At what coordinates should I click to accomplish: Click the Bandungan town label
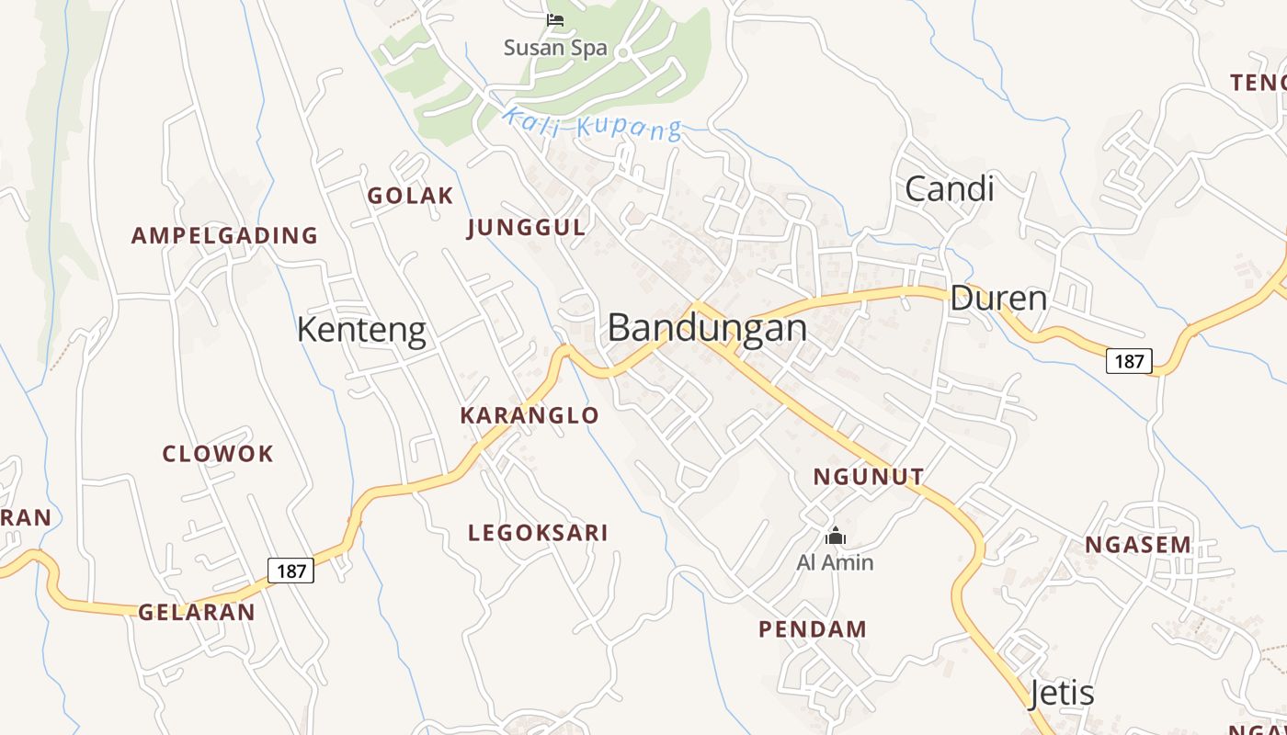click(x=707, y=328)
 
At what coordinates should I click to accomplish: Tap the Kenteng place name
click(x=361, y=330)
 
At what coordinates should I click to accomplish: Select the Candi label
click(x=950, y=188)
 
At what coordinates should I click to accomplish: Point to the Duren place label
click(x=998, y=299)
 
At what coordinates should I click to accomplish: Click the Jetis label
click(x=1062, y=693)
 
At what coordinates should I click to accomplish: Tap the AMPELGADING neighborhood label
click(x=224, y=236)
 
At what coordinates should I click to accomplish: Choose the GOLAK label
click(x=410, y=196)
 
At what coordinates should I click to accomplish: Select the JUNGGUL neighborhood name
click(x=526, y=228)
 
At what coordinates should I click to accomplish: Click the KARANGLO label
click(x=530, y=415)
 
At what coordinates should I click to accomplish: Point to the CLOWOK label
click(x=218, y=454)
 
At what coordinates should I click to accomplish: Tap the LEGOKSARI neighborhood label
click(x=538, y=533)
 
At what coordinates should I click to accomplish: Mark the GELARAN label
click(x=197, y=613)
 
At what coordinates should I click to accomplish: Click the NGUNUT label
click(x=868, y=477)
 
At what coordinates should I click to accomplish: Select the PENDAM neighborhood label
click(x=813, y=629)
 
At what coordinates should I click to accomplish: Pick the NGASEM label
click(x=1138, y=545)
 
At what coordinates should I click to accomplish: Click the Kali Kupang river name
click(x=592, y=124)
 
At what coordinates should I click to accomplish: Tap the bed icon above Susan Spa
click(x=555, y=19)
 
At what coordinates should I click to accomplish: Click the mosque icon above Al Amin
click(x=835, y=536)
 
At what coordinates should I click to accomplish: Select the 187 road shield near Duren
click(x=1128, y=361)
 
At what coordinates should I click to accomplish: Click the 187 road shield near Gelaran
click(x=291, y=571)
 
